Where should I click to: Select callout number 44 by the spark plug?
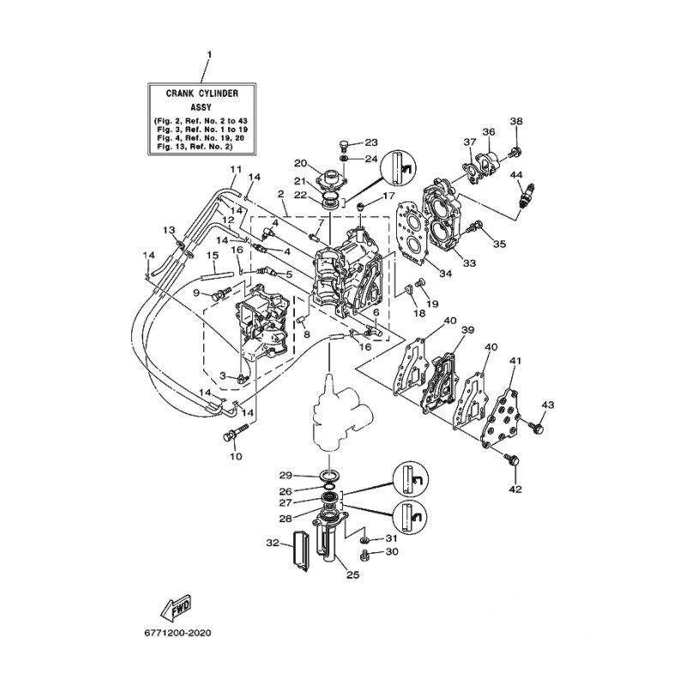click(517, 175)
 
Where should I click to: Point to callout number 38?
click(516, 121)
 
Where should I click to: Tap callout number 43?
click(548, 405)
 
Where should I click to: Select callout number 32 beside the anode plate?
click(273, 543)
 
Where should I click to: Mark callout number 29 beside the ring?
click(286, 475)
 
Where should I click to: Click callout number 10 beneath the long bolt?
click(236, 456)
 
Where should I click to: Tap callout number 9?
click(196, 293)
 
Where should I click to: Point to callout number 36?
click(489, 131)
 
